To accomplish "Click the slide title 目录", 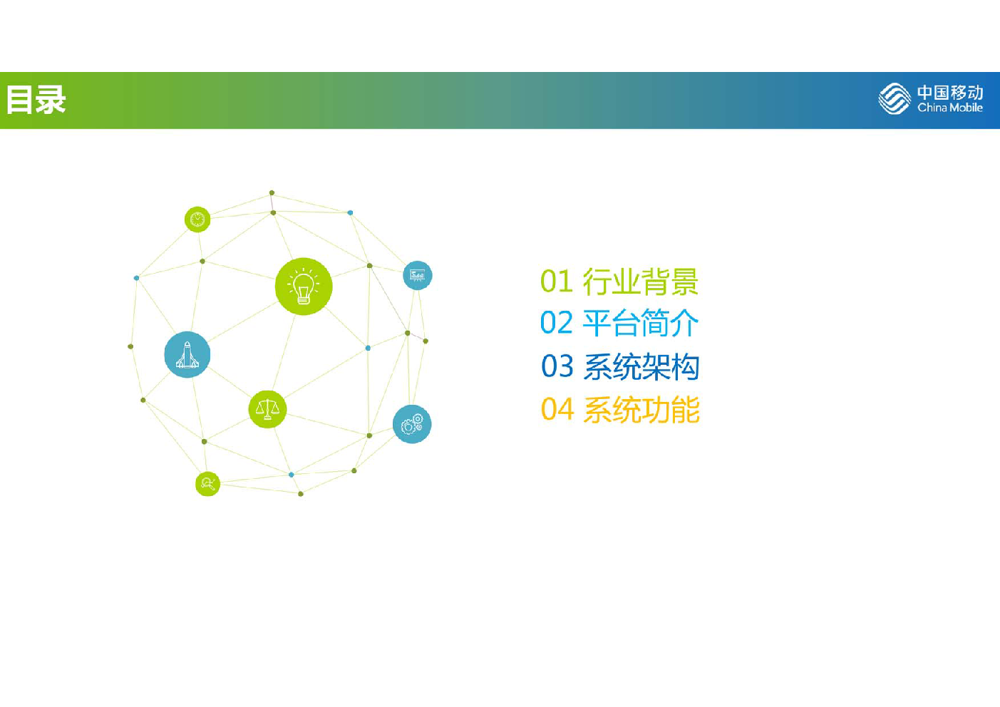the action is [x=36, y=100].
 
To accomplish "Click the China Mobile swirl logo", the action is [x=895, y=98].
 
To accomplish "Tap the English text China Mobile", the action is [x=950, y=108].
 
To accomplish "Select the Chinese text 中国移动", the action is [x=950, y=93].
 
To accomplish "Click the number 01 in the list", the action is [x=556, y=282].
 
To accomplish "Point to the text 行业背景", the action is [x=641, y=282].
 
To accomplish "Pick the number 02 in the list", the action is [x=556, y=322].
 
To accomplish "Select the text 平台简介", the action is [x=641, y=323].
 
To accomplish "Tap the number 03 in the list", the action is [x=557, y=366].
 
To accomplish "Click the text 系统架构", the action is [x=641, y=366].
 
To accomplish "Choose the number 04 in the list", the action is [x=557, y=409].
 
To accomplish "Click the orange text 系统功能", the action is [x=641, y=409].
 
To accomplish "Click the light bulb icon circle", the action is [x=304, y=287].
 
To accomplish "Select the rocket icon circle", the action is [x=187, y=355].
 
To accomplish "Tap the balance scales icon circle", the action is [x=267, y=409].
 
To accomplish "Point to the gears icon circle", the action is [x=412, y=424].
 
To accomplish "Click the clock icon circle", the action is [x=197, y=219].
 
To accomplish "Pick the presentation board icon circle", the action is [x=418, y=275].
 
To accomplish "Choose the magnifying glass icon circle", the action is [x=207, y=484].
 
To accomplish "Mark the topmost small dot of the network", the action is [x=272, y=193].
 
